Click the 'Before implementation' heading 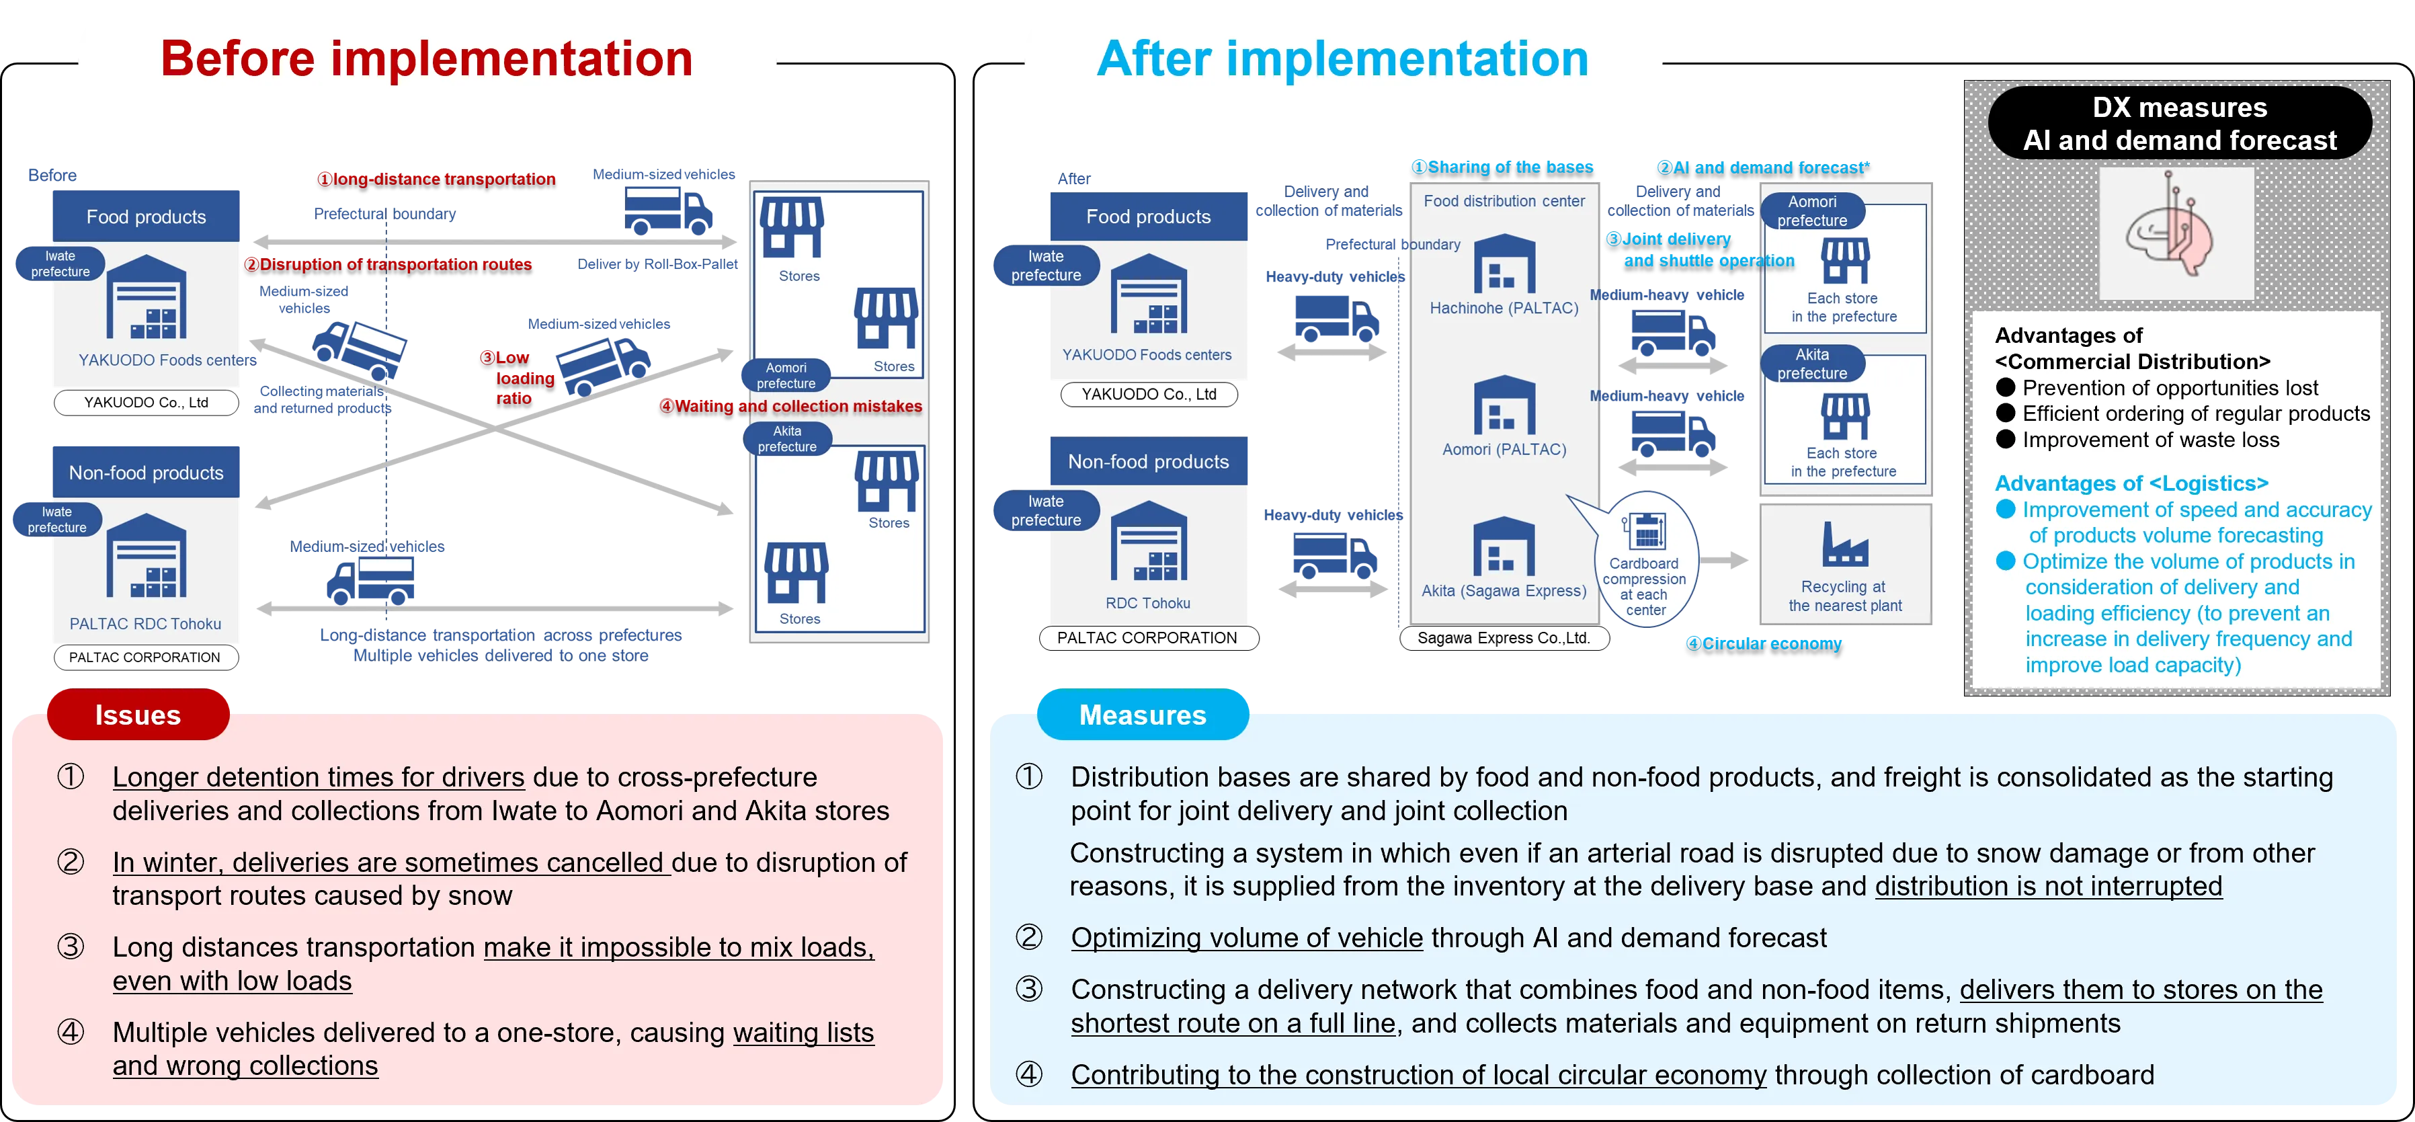click(427, 59)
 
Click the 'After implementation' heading click(1342, 59)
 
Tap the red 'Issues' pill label click(138, 715)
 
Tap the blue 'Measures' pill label click(1142, 715)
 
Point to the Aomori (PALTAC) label click(1504, 450)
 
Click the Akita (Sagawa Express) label click(1504, 590)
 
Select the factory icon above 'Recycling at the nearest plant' click(1844, 545)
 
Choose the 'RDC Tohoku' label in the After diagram click(1147, 604)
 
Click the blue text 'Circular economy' click(1764, 643)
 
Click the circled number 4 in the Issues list click(71, 1032)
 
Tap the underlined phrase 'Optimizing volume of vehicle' click(1246, 938)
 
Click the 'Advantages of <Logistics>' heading click(2131, 483)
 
